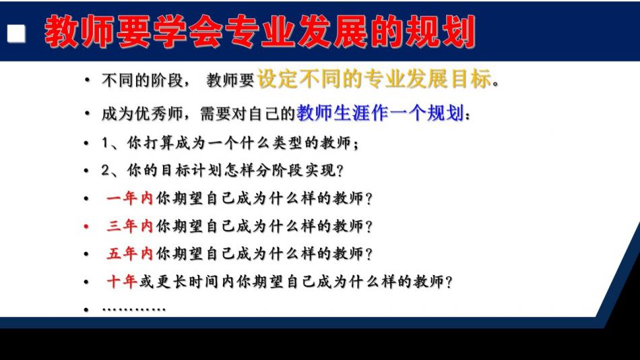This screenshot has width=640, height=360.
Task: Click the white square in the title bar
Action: pyautogui.click(x=16, y=34)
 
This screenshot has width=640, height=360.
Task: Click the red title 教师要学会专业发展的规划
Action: pyautogui.click(x=260, y=32)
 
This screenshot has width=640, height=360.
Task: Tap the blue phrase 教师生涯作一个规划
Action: pyautogui.click(x=380, y=113)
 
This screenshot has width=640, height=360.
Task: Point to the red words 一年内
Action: pyautogui.click(x=129, y=198)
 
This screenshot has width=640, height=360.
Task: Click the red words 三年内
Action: pyautogui.click(x=129, y=226)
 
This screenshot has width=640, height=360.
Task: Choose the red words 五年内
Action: pyautogui.click(x=129, y=253)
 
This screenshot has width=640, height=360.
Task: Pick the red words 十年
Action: pyautogui.click(x=121, y=282)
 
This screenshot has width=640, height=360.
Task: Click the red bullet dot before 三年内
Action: pyautogui.click(x=86, y=227)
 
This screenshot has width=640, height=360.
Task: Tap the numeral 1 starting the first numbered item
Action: pyautogui.click(x=105, y=143)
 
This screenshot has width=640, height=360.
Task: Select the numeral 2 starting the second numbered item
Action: pyautogui.click(x=106, y=170)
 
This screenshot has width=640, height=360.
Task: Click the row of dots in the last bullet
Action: pyautogui.click(x=134, y=309)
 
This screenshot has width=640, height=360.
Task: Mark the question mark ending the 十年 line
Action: pyautogui.click(x=449, y=282)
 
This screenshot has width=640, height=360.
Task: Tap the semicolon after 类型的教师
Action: pyautogui.click(x=356, y=144)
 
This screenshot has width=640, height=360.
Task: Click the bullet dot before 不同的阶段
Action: pyautogui.click(x=86, y=80)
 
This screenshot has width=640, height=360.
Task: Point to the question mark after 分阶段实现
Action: pyautogui.click(x=339, y=171)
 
